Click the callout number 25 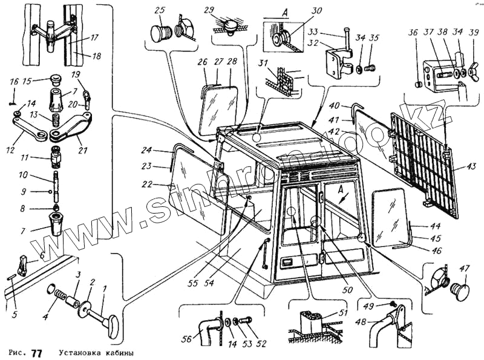point(160,11)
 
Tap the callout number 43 point(471,167)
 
